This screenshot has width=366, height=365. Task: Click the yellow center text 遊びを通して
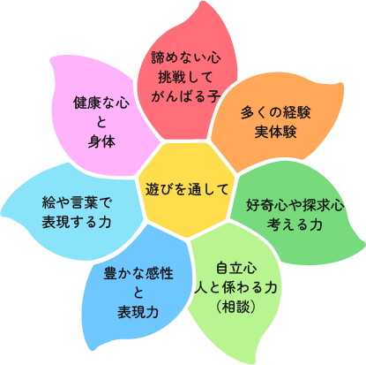click(x=187, y=189)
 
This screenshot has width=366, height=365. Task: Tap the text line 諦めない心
click(x=186, y=57)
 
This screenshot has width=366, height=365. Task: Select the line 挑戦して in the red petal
click(x=185, y=77)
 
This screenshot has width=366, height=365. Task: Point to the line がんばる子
click(x=186, y=96)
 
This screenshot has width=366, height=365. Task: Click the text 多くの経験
click(x=275, y=112)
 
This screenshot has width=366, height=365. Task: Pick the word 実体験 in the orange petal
click(x=275, y=132)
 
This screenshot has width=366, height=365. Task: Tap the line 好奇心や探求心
click(x=295, y=205)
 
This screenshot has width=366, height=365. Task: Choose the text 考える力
click(x=295, y=224)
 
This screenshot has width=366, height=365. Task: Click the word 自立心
click(x=236, y=268)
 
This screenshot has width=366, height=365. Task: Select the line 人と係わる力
click(x=235, y=287)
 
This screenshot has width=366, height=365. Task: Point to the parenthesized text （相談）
click(x=235, y=307)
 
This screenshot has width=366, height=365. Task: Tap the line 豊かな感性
click(x=138, y=273)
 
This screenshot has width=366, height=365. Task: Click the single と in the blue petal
click(x=138, y=293)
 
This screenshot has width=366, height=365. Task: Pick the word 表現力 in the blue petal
click(x=138, y=312)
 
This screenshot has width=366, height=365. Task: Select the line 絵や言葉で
click(x=77, y=202)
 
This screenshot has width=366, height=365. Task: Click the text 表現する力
click(x=77, y=222)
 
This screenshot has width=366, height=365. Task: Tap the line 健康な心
click(x=101, y=103)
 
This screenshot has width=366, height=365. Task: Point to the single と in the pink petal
click(x=101, y=122)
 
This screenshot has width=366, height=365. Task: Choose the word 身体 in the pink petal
click(x=101, y=141)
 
